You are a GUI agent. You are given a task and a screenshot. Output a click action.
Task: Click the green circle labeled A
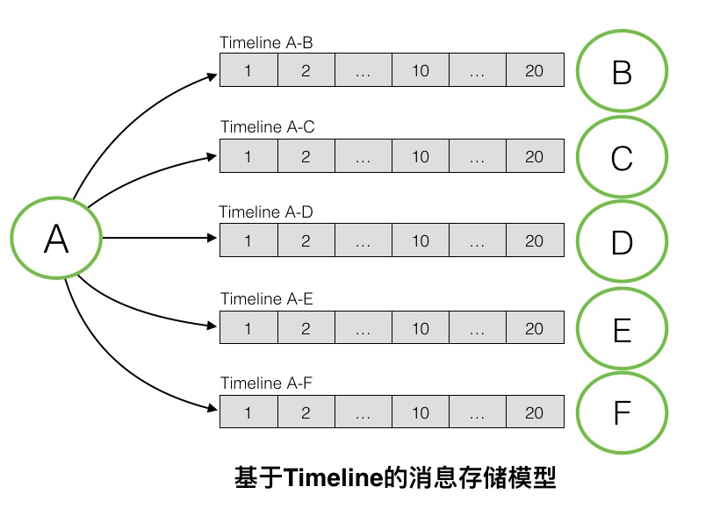55,238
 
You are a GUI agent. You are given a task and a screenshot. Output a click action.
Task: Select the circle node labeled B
622,72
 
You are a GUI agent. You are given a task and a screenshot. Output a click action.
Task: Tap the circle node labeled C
622,158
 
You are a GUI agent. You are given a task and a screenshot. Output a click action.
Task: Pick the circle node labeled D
622,242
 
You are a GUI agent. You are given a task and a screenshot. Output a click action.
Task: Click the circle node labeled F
622,413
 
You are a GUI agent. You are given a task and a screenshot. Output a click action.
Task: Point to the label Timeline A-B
266,42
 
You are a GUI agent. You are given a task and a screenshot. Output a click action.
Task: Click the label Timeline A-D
266,211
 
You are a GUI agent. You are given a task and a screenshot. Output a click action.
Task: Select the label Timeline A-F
266,383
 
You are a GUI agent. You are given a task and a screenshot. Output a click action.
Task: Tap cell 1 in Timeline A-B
248,71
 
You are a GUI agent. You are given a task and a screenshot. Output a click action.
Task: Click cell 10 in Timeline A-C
421,157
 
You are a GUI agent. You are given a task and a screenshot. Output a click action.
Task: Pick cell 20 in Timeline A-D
535,241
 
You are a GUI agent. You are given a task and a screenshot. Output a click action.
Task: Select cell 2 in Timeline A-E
306,328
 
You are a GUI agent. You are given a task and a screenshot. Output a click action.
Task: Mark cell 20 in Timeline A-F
535,412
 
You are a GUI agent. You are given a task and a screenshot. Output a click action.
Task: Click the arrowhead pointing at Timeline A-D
212,238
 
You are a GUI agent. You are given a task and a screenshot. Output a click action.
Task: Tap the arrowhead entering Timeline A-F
212,408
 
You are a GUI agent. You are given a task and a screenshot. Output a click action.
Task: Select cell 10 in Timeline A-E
421,328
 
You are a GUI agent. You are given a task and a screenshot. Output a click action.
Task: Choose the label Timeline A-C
267,127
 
